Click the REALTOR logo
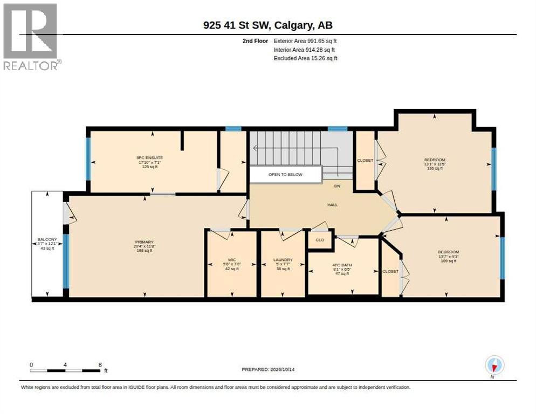[x=32, y=37]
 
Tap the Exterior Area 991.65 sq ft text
[x=305, y=41]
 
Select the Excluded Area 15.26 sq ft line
[x=306, y=58]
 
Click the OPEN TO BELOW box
[x=285, y=174]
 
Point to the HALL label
[x=332, y=205]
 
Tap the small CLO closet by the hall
[x=320, y=240]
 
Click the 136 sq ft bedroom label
[x=435, y=164]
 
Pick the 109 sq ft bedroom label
[x=449, y=257]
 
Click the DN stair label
[x=337, y=186]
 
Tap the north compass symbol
[x=494, y=366]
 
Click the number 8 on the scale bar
[x=100, y=365]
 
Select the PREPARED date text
[x=268, y=370]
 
